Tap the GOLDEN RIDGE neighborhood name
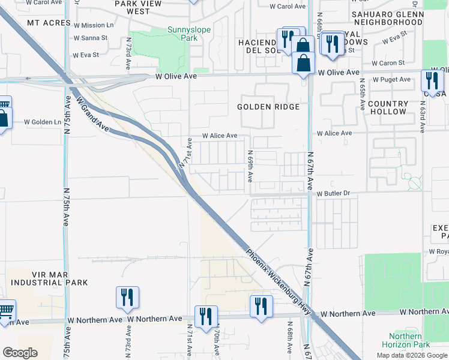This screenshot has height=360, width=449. coord(268,107)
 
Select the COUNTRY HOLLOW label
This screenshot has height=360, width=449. coord(388,108)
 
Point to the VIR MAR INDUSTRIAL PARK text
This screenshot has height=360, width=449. coord(49,278)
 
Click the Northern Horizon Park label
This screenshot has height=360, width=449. coord(409,340)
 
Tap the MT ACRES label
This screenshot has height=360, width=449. coord(46,23)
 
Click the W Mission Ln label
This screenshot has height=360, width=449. coord(93,25)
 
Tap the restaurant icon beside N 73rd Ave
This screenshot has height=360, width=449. coord(127,297)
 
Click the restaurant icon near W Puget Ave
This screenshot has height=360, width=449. coord(432,80)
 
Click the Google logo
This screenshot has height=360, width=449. coord(20,353)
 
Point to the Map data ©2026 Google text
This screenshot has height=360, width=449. coord(411,355)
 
